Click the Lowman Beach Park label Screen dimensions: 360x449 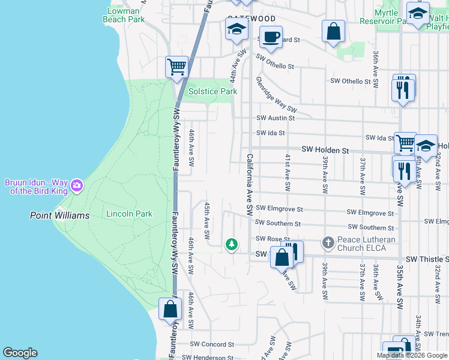[x=127, y=15]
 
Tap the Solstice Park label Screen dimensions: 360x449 [x=212, y=92]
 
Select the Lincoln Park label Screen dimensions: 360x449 [x=129, y=214]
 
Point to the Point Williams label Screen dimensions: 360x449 [x=60, y=215]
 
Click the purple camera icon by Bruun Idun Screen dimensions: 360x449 [x=76, y=185]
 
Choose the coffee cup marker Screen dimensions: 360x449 [x=271, y=36]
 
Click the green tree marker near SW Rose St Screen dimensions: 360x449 [x=231, y=244]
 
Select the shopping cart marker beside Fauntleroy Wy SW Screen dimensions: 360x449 [x=176, y=67]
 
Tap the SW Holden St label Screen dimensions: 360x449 [x=325, y=149]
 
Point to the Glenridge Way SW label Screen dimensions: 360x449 [x=276, y=95]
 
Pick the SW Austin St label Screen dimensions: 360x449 [x=276, y=118]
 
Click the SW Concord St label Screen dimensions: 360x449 [x=212, y=344]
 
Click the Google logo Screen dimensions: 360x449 [x=20, y=353]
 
